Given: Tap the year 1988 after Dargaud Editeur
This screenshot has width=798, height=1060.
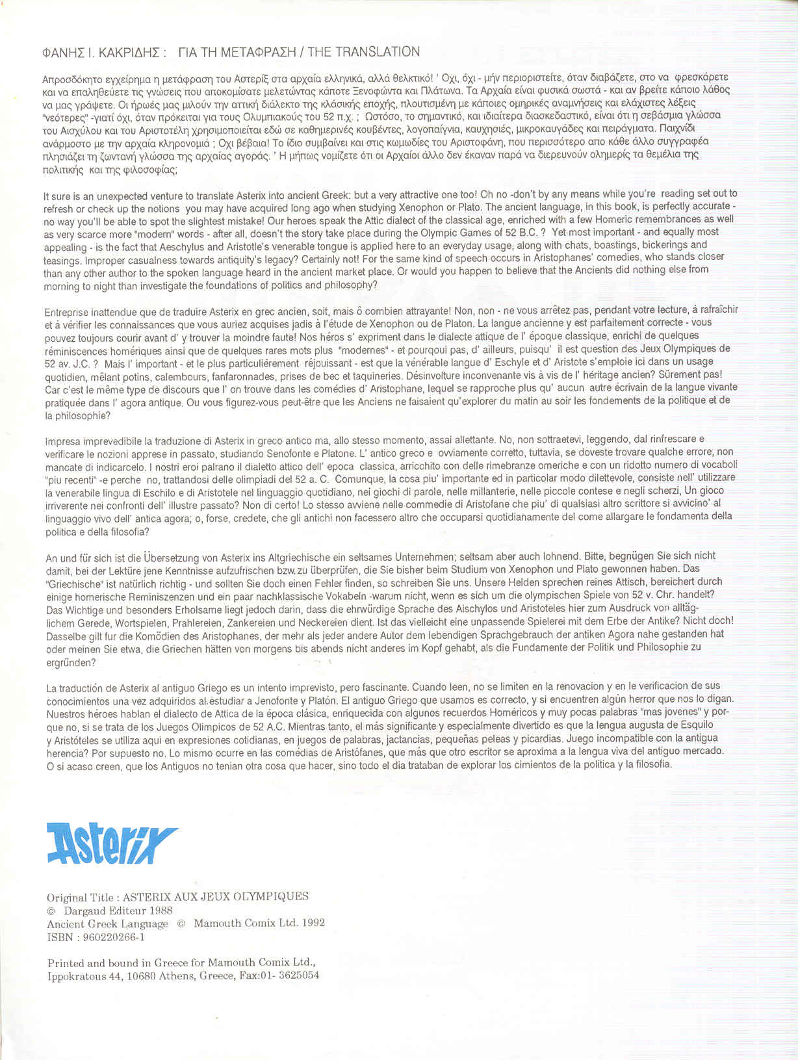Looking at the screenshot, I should tap(161, 911).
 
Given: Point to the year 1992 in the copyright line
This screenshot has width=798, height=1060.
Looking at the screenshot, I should tap(311, 924).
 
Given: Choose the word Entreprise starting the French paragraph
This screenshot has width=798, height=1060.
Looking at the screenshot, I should tap(69, 311).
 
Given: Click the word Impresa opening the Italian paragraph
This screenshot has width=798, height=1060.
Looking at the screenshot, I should tap(64, 441).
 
